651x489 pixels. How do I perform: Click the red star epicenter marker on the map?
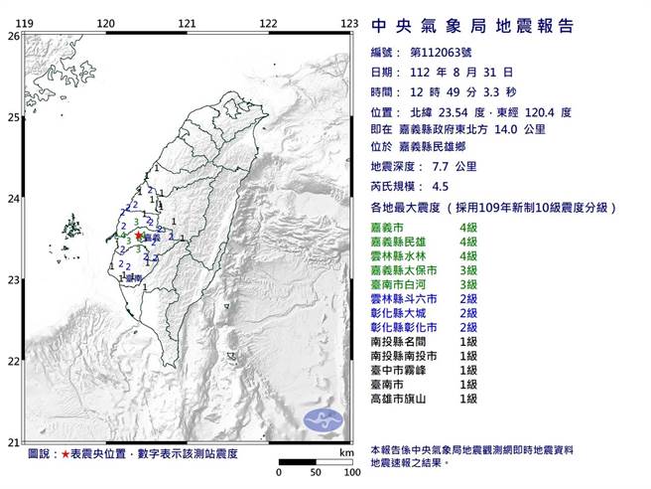click(x=138, y=236)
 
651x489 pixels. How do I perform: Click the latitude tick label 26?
click(x=12, y=36)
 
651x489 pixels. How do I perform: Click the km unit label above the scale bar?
click(x=344, y=453)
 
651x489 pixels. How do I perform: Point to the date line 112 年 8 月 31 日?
click(x=457, y=72)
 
